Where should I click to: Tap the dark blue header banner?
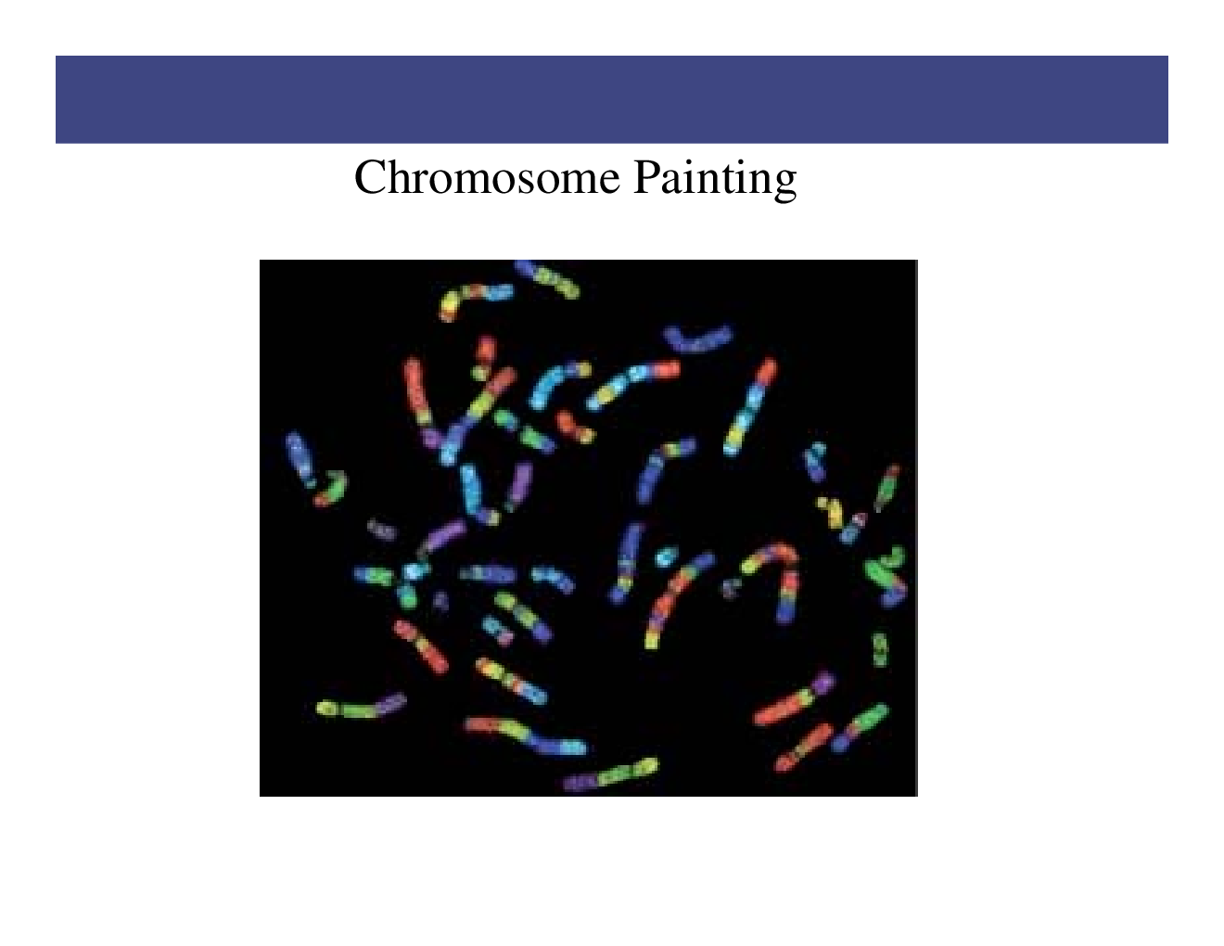tap(612, 99)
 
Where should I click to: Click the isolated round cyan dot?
tap(664, 557)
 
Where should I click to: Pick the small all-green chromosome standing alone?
tap(879, 648)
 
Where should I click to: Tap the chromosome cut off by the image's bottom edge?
tap(612, 775)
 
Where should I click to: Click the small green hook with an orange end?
tap(330, 488)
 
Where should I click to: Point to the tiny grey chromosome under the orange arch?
tap(732, 587)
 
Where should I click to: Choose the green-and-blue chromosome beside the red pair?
tap(859, 727)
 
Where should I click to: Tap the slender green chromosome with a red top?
tap(886, 486)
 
